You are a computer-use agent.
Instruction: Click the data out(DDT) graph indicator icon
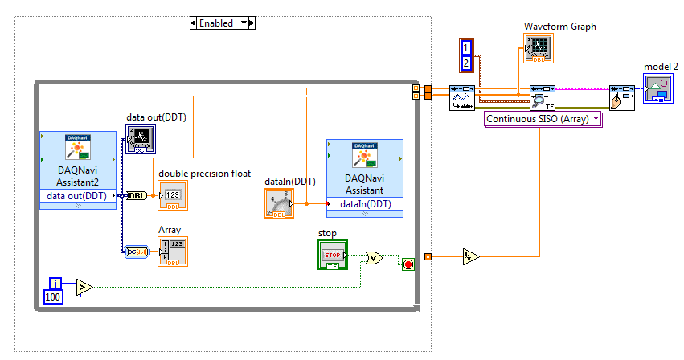(x=141, y=139)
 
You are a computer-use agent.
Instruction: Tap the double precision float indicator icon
(x=173, y=195)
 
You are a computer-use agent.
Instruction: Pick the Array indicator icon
(x=173, y=251)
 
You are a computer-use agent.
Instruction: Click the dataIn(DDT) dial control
(x=277, y=203)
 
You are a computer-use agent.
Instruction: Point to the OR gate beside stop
(x=374, y=258)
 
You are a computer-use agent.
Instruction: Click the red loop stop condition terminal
(x=408, y=264)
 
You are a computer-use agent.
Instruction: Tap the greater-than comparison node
(x=84, y=286)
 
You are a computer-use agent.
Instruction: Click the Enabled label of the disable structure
(x=221, y=23)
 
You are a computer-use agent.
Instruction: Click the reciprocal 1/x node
(x=470, y=257)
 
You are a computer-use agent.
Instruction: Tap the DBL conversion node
(x=137, y=195)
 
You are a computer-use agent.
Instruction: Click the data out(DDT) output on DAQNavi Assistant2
(x=77, y=195)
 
